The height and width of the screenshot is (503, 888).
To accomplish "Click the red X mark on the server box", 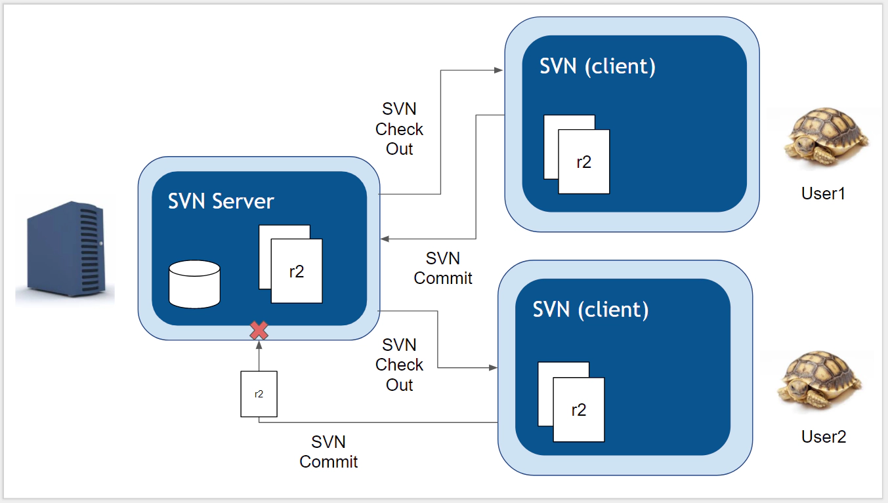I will click(x=259, y=331).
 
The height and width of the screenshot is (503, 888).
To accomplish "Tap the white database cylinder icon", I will click(x=194, y=284).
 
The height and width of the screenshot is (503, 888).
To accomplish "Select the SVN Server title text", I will click(x=221, y=201).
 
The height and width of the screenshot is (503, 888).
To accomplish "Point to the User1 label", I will click(x=823, y=193).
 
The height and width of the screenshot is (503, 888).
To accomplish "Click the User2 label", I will click(x=824, y=437).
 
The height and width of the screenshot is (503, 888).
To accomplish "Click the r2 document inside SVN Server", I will click(x=296, y=270).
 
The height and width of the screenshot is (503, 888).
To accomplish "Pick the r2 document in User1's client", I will click(x=583, y=161).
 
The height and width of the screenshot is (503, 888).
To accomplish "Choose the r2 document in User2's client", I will click(x=578, y=409).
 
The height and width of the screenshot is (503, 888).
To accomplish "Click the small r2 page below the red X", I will click(x=259, y=393).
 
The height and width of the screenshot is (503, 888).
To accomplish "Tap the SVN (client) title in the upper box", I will click(x=597, y=66).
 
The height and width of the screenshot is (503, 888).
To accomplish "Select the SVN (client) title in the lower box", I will click(x=590, y=309).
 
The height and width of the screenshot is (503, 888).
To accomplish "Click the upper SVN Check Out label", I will click(x=399, y=129).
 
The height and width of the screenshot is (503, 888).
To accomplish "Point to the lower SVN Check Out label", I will click(x=399, y=365).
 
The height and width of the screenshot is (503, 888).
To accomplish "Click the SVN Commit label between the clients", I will click(x=443, y=268).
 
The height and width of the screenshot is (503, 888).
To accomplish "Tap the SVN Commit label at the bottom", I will click(x=328, y=452).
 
